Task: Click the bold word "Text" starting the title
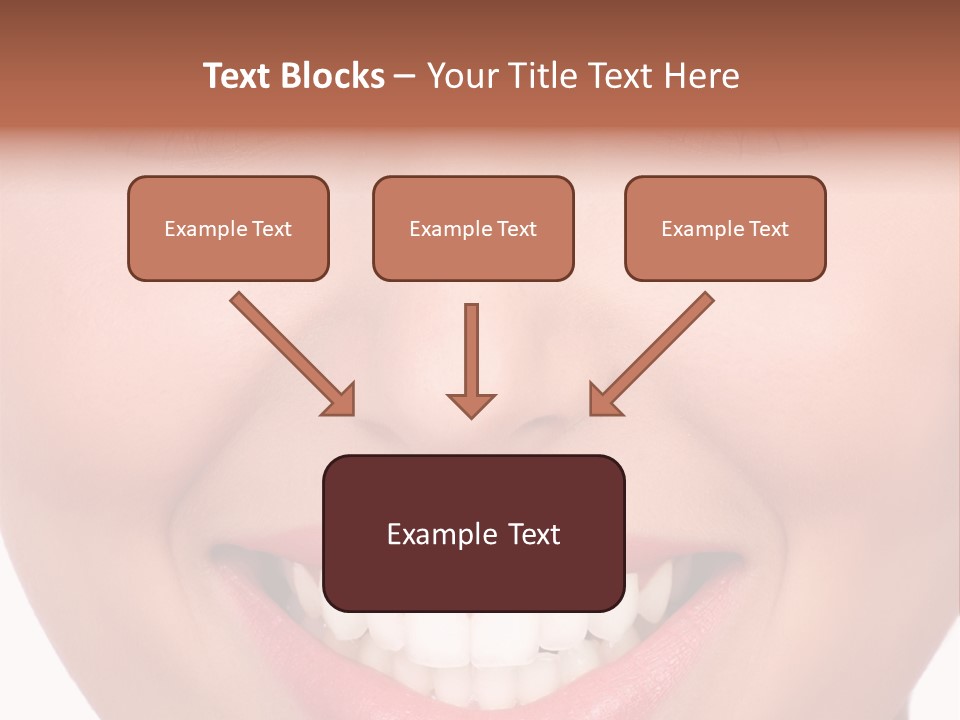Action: tap(236, 76)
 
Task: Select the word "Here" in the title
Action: tap(702, 76)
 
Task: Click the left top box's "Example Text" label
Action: tap(228, 229)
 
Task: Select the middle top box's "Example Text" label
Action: tap(473, 229)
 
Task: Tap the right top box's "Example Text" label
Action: tap(725, 229)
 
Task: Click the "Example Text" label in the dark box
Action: tap(473, 534)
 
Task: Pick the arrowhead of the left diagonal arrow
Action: tap(340, 401)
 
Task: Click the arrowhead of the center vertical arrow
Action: tap(471, 405)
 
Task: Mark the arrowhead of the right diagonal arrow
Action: tap(603, 400)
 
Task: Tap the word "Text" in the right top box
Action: tap(769, 229)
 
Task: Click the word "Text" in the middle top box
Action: tap(517, 229)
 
